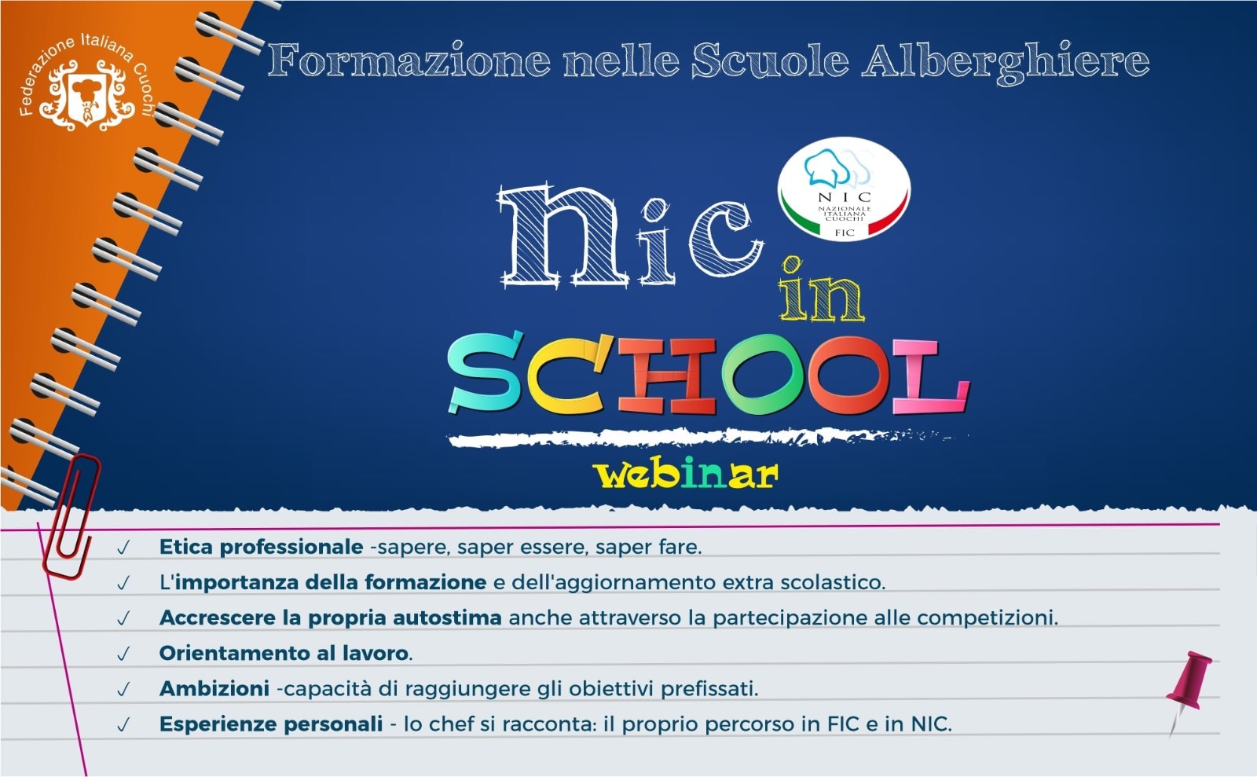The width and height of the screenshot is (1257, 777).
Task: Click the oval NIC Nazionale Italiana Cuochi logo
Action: (844, 189)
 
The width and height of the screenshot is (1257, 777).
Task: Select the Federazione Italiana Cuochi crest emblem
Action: (86, 95)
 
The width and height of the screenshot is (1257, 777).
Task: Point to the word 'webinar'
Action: (687, 475)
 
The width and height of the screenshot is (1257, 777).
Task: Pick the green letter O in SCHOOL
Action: (763, 375)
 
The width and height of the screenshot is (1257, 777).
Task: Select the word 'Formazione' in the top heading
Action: (409, 60)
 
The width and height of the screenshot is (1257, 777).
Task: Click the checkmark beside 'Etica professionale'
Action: (123, 548)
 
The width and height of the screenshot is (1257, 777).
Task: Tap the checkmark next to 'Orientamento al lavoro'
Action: (123, 654)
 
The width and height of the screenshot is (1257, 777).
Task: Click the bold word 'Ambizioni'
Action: (214, 688)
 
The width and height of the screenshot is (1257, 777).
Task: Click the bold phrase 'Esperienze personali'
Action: (271, 724)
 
